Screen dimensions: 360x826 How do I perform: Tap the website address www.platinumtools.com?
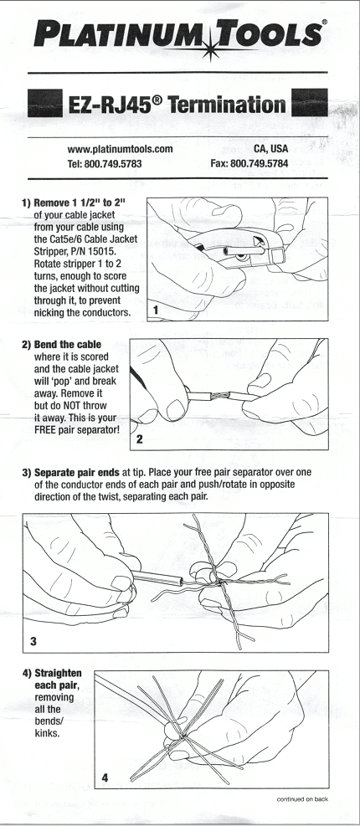tap(121, 149)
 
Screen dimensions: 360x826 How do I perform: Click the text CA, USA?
tap(271, 149)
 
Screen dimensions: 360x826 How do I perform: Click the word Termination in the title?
tap(227, 105)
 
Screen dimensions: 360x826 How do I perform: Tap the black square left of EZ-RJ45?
tap(45, 103)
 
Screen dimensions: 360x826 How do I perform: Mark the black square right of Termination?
tap(310, 103)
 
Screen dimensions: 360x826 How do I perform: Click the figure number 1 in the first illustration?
tap(156, 310)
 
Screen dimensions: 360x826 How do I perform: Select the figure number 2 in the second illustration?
tap(139, 439)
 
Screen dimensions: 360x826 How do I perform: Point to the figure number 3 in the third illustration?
tap(33, 641)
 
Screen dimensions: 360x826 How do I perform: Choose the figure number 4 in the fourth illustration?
tap(105, 777)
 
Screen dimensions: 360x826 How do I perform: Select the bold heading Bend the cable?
tap(68, 345)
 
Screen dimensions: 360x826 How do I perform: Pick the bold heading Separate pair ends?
tap(77, 473)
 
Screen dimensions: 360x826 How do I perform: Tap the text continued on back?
tap(302, 799)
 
